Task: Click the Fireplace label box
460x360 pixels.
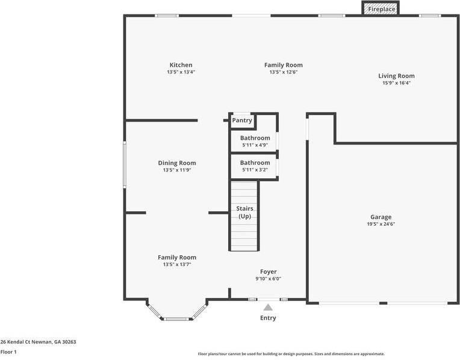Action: tap(382, 10)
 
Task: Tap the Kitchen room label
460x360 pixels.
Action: tap(181, 65)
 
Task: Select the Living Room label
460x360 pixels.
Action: tap(396, 76)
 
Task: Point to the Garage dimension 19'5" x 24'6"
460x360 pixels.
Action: tap(381, 224)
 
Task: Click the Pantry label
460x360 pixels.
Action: tap(242, 120)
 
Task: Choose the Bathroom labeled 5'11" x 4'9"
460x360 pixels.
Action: tap(255, 138)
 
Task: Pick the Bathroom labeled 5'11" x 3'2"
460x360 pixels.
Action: tap(255, 163)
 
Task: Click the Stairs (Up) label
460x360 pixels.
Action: tap(244, 212)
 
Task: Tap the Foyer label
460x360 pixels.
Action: tap(269, 272)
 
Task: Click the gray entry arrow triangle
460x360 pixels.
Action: tap(268, 307)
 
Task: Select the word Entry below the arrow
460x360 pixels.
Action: tap(268, 318)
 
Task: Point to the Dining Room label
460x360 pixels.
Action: tap(177, 163)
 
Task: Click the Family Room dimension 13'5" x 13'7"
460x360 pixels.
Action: tap(177, 264)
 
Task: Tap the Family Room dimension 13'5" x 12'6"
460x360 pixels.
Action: tap(283, 72)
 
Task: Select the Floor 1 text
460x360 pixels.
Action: tap(8, 352)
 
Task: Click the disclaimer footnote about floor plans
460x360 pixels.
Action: tap(291, 354)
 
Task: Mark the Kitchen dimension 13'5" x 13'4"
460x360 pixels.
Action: tap(181, 72)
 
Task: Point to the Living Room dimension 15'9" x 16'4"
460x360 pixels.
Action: tap(396, 83)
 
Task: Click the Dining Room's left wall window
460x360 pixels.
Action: tap(125, 164)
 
